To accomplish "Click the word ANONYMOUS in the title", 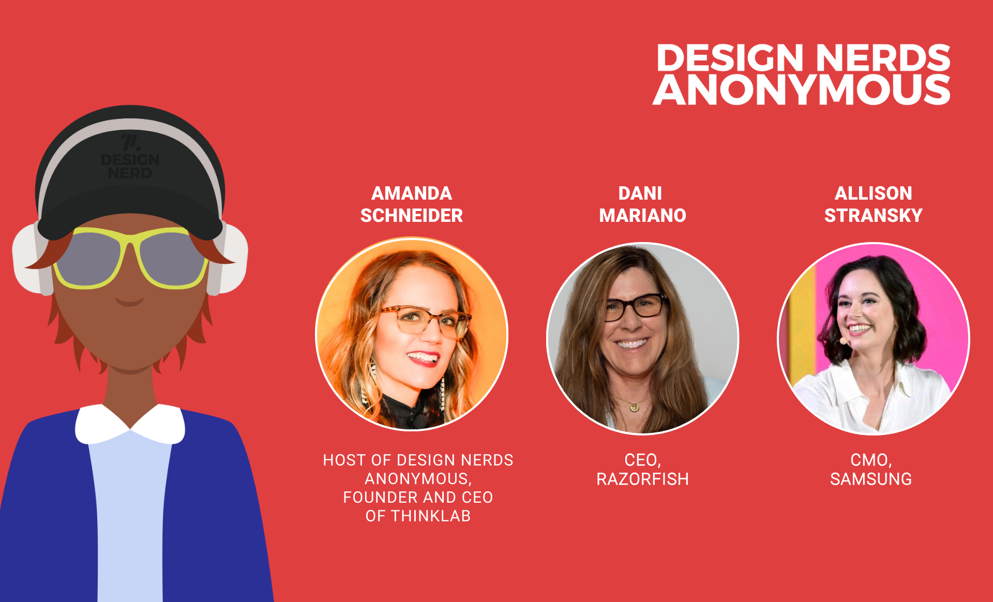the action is (x=802, y=89).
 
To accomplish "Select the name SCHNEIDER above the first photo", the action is (x=412, y=216).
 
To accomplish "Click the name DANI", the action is (x=640, y=193).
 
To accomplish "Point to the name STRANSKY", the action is (x=874, y=216).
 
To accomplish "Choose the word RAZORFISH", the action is (x=642, y=479).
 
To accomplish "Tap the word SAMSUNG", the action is (x=871, y=479).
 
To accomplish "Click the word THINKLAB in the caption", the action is (x=431, y=516).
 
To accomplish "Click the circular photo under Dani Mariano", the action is (x=643, y=339).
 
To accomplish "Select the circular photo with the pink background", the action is (x=874, y=339).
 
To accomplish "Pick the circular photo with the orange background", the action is (x=412, y=334).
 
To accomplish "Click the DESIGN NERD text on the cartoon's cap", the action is (x=130, y=166).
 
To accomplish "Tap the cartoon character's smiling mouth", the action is (x=129, y=302).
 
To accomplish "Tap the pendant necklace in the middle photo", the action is (x=634, y=407).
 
